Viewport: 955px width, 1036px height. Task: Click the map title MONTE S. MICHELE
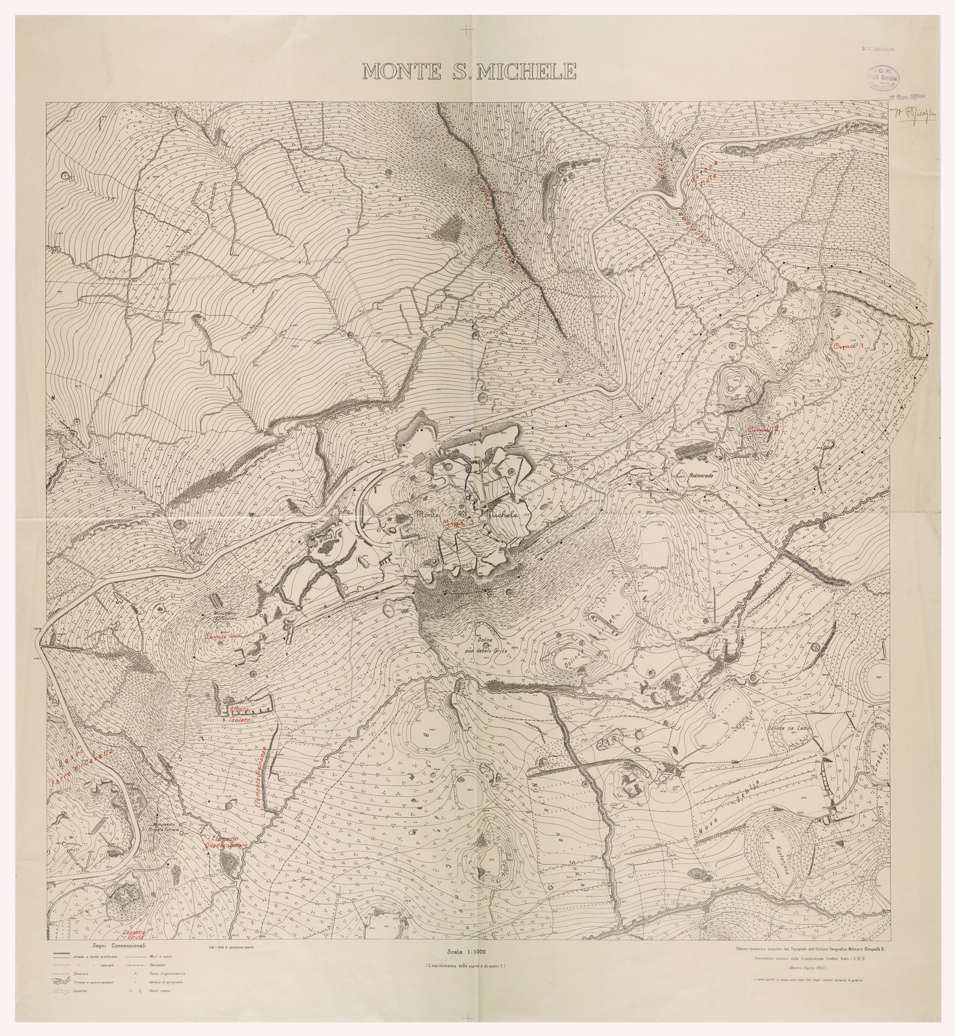click(x=469, y=71)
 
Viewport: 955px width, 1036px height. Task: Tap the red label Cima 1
click(x=850, y=346)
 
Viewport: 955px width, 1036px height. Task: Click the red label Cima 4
click(x=220, y=637)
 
